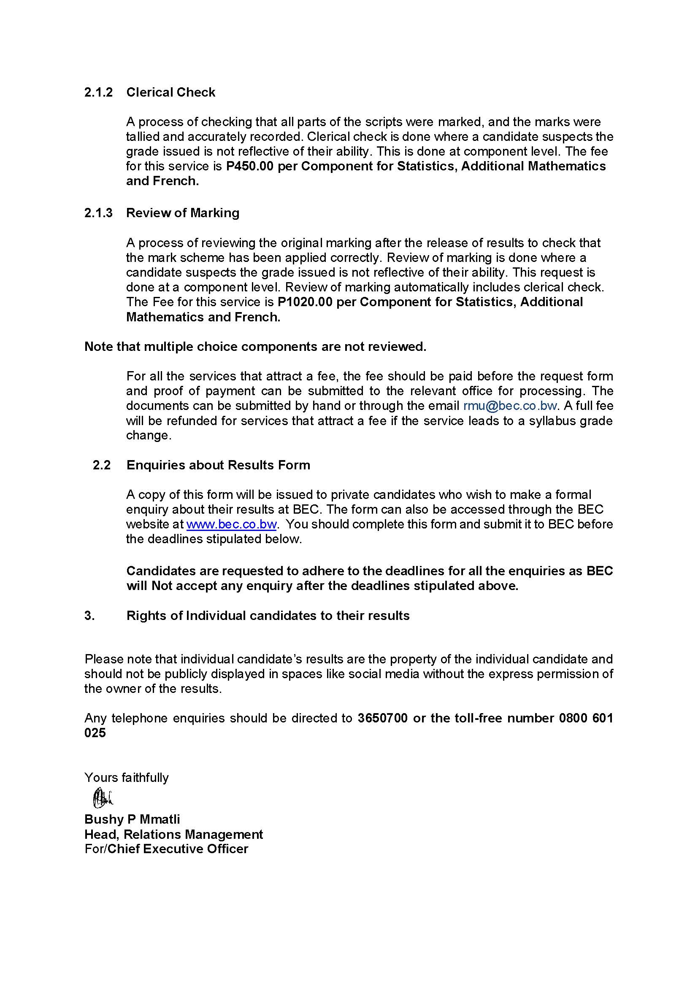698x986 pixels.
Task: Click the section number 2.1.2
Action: click(98, 92)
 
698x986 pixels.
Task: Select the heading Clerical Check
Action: click(170, 92)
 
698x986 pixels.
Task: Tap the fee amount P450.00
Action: click(250, 166)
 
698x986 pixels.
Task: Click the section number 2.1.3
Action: click(98, 213)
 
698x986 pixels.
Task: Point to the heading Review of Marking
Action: click(183, 213)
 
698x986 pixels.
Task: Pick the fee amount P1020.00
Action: click(305, 302)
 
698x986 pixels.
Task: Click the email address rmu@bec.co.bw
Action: click(510, 406)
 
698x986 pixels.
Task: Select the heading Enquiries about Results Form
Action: click(218, 465)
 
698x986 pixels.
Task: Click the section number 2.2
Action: click(102, 465)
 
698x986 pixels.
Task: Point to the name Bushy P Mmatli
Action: click(133, 819)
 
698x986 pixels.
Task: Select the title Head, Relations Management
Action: click(173, 835)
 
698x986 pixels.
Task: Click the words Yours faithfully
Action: click(127, 778)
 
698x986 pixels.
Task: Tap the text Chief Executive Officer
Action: click(178, 849)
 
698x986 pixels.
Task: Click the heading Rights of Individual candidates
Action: click(268, 616)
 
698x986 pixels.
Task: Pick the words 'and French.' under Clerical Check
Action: click(162, 181)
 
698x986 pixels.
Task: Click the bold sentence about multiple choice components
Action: click(255, 347)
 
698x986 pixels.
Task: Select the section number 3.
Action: click(89, 616)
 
